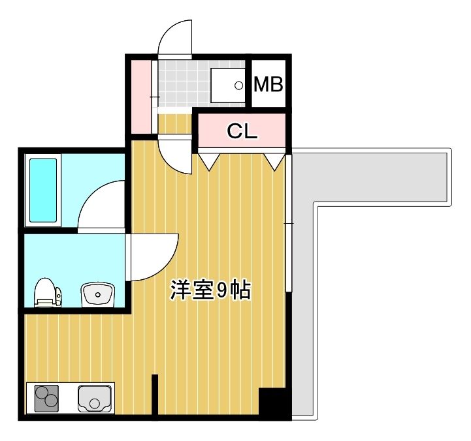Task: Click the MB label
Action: click(x=268, y=84)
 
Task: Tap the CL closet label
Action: click(x=242, y=131)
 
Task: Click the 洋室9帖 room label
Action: click(x=210, y=290)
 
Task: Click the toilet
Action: click(x=46, y=292)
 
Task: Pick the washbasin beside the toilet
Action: click(x=97, y=295)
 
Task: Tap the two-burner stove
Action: click(x=46, y=397)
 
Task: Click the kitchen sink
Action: click(x=95, y=397)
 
